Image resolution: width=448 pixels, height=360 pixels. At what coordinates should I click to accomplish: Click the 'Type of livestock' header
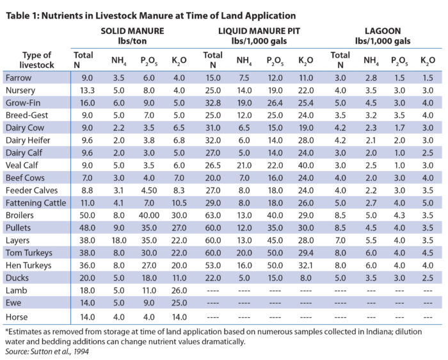point(36,59)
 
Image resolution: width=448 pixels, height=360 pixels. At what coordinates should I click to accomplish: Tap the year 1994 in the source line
point(81,351)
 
